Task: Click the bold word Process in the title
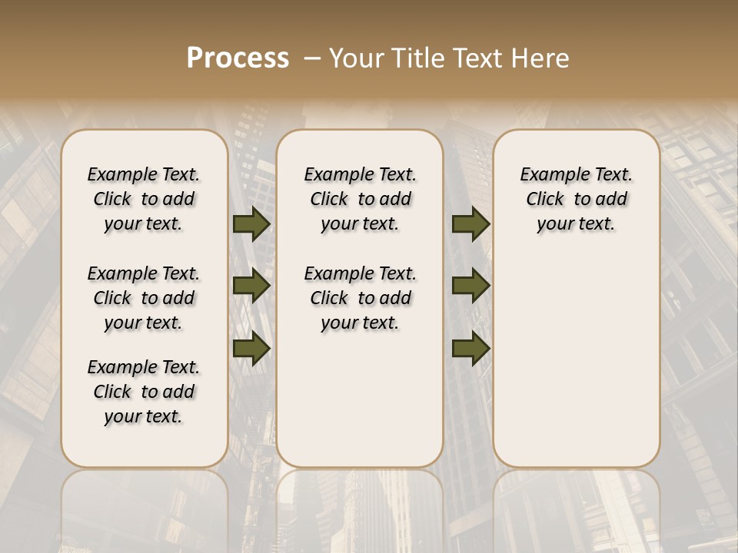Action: point(238,58)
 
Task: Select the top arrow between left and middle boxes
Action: point(251,224)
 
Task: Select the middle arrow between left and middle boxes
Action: point(251,286)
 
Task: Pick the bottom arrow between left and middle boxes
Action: point(251,349)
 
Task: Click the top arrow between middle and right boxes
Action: point(470,224)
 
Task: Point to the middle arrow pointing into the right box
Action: point(470,286)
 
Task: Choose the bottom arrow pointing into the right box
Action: point(470,349)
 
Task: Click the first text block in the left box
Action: point(144,199)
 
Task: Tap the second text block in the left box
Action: point(144,298)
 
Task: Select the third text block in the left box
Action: point(144,392)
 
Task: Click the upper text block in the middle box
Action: point(360,199)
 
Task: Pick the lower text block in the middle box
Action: point(360,298)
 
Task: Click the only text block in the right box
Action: point(576,199)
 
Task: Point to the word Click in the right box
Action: point(545,200)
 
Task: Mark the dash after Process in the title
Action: point(311,58)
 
